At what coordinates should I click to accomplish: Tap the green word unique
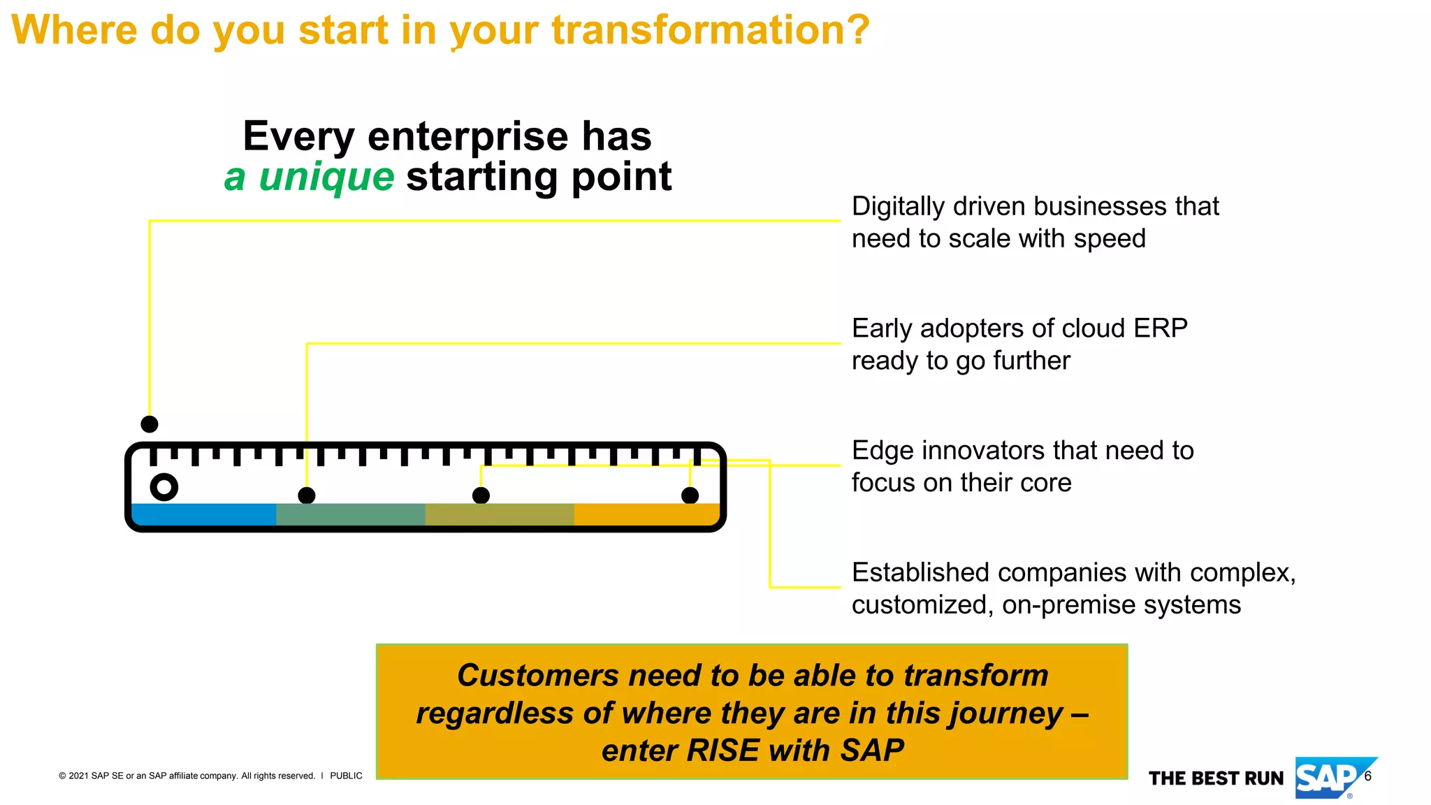pyautogui.click(x=326, y=176)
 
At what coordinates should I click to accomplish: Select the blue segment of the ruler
pyautogui.click(x=203, y=514)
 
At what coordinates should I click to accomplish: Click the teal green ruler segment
pyautogui.click(x=350, y=514)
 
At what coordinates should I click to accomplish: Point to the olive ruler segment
pyautogui.click(x=499, y=514)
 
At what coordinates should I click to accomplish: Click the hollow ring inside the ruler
pyautogui.click(x=164, y=487)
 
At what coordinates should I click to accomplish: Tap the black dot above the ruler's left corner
pyautogui.click(x=150, y=424)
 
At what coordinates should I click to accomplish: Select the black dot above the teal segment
pyautogui.click(x=307, y=495)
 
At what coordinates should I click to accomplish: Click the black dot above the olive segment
pyautogui.click(x=481, y=495)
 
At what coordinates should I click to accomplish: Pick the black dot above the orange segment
pyautogui.click(x=690, y=495)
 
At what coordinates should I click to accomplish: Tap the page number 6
pyautogui.click(x=1368, y=776)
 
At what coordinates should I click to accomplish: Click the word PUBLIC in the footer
pyautogui.click(x=346, y=776)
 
